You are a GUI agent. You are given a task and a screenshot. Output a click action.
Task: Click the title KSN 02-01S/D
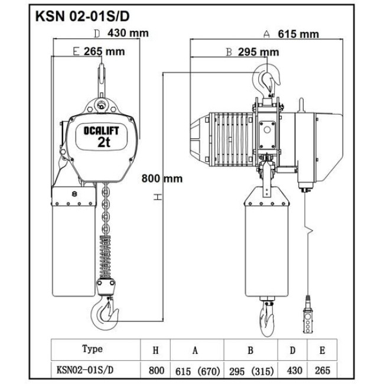[x=82, y=17]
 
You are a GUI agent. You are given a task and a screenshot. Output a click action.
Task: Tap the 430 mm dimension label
[x=128, y=33]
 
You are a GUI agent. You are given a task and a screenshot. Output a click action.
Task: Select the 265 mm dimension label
[x=105, y=51]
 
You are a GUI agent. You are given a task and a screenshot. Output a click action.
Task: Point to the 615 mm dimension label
[x=298, y=34]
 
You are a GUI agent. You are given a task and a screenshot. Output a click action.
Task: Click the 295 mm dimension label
[x=259, y=52]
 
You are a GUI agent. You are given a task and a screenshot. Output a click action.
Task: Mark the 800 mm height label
[x=162, y=178]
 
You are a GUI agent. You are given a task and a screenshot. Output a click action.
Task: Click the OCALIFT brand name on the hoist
[x=102, y=131]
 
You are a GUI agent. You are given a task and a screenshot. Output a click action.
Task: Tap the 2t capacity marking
[x=104, y=142]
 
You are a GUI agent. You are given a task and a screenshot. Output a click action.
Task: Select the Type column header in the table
[x=92, y=349]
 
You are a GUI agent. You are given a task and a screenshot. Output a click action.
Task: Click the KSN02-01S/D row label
[x=85, y=370]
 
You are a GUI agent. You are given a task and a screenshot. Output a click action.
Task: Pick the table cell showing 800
[x=157, y=370]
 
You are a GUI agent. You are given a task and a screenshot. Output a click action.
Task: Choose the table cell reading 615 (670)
[x=197, y=371]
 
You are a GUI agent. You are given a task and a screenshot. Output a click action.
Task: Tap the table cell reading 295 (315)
[x=251, y=371]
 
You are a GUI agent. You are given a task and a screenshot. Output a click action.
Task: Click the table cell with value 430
[x=295, y=370]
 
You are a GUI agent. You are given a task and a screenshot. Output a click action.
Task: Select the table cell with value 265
[x=323, y=370]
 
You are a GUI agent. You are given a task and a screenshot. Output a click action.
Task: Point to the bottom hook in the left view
[x=105, y=313]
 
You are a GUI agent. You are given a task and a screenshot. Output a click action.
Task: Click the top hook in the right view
[x=266, y=77]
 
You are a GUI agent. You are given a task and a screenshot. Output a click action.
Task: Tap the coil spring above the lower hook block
[x=106, y=257]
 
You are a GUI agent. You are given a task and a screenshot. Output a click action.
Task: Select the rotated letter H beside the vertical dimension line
[x=158, y=197]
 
